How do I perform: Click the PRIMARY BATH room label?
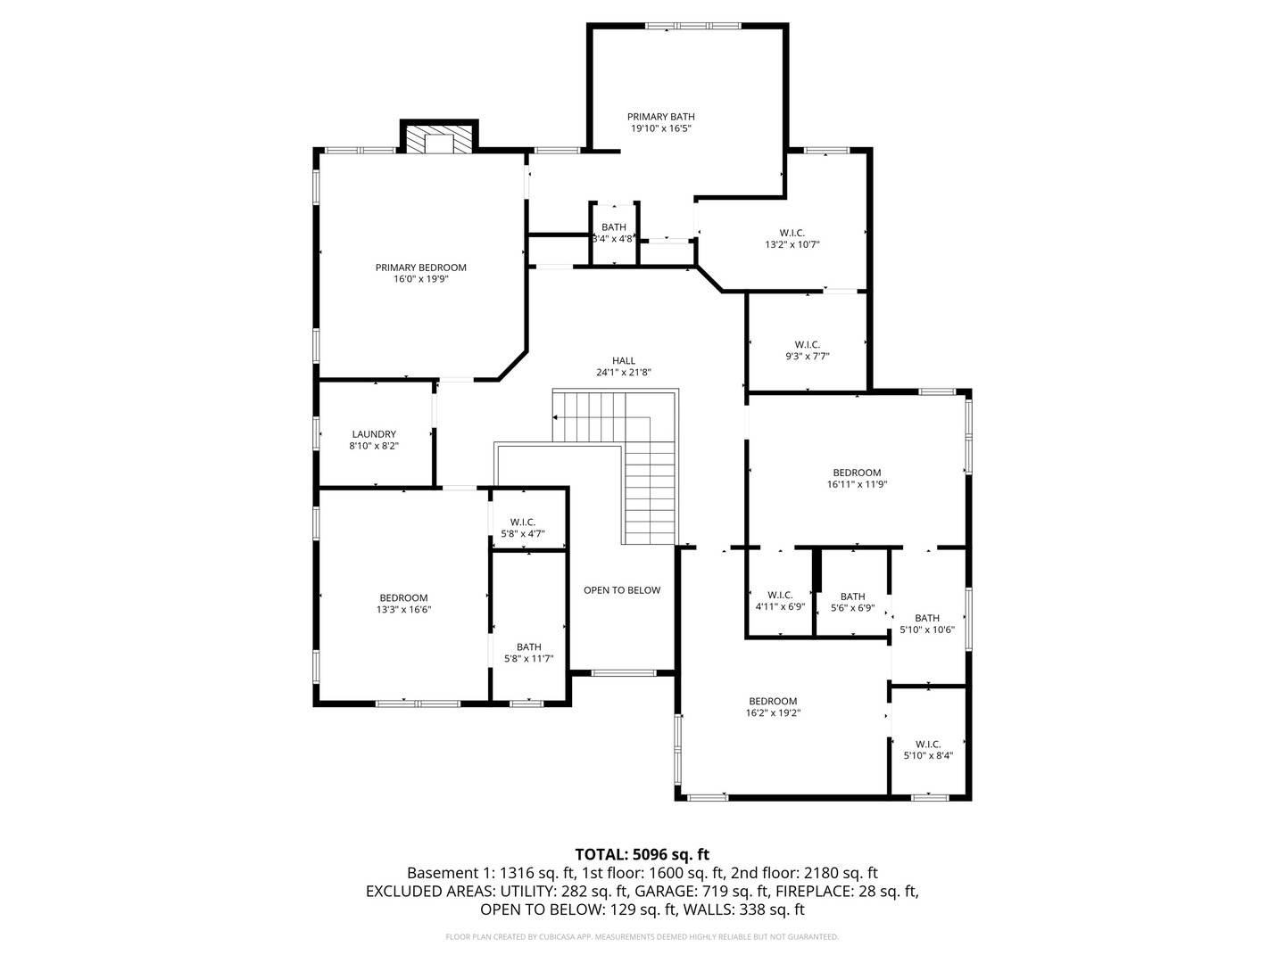(661, 117)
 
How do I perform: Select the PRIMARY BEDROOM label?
(421, 267)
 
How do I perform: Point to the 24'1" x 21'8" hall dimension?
(624, 373)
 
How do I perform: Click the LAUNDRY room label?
(374, 434)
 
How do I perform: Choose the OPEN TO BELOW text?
(622, 590)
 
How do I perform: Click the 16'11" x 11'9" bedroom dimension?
(857, 485)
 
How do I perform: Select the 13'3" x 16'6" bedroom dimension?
(404, 610)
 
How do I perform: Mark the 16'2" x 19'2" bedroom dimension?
(773, 713)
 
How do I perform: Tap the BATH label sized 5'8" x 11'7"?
(528, 647)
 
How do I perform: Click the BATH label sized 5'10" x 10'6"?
(927, 618)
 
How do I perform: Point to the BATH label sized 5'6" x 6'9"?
(852, 597)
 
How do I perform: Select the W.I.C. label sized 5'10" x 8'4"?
(928, 745)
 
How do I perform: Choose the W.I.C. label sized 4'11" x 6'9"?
(780, 596)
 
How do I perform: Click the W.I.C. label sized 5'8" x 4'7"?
(522, 523)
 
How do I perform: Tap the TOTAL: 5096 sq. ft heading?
(642, 855)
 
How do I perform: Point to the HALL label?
(624, 361)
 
